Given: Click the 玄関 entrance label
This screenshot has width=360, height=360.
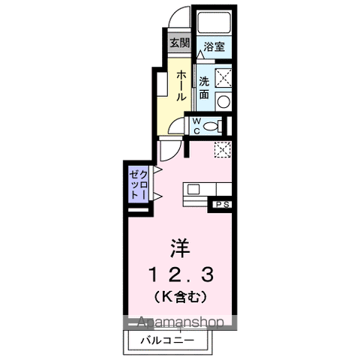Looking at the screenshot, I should click(x=179, y=43).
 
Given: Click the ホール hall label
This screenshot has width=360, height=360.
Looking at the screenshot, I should click(x=181, y=85).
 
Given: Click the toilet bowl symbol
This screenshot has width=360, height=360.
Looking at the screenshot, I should click(x=213, y=125).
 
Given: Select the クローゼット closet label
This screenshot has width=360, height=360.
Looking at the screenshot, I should click(x=136, y=184).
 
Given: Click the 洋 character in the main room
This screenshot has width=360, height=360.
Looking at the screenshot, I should click(x=178, y=247).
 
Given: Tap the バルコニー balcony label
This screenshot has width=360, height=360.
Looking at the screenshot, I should click(x=167, y=340).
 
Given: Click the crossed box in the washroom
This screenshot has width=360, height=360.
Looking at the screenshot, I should click(x=223, y=77).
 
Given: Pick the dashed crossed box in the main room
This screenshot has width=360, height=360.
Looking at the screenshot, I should click(x=222, y=149).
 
